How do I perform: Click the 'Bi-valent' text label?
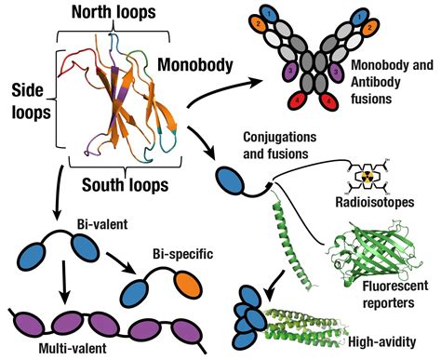coord(100,225)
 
